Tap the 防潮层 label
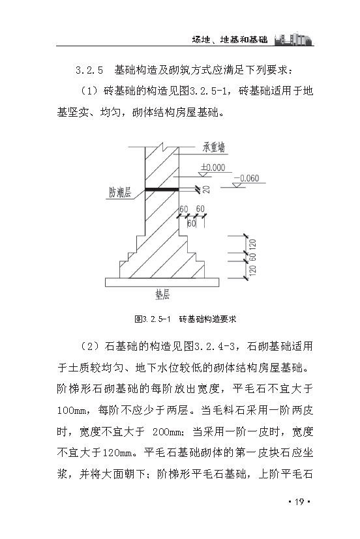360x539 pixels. [x=120, y=192]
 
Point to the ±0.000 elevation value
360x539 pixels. [x=213, y=168]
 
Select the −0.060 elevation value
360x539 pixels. [x=245, y=178]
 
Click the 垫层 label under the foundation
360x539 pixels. [x=162, y=295]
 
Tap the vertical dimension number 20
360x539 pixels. [x=207, y=190]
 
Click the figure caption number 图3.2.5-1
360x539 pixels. [x=152, y=319]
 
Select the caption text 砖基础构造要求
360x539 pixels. [x=207, y=319]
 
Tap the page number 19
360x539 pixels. [x=300, y=501]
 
